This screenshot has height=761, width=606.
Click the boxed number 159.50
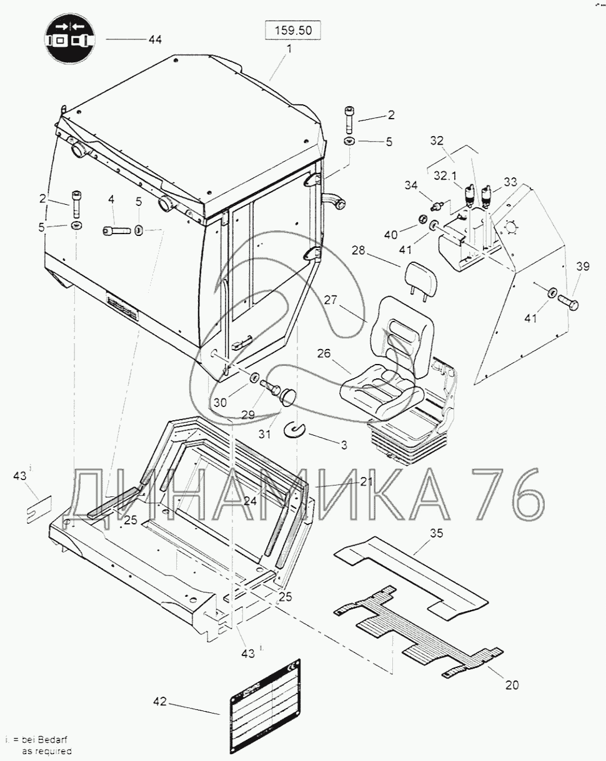point(293,29)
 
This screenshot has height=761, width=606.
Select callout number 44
point(154,39)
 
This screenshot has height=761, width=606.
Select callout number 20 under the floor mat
point(512,685)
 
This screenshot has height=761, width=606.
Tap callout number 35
point(435,533)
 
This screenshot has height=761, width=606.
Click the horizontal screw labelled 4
point(117,231)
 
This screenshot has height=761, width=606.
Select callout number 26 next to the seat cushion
point(323,353)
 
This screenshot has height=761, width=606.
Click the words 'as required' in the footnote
point(47,751)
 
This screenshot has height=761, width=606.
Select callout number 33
point(511,182)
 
